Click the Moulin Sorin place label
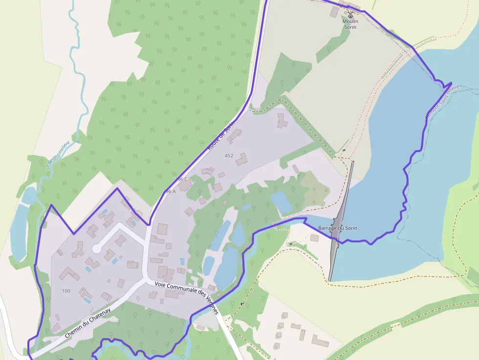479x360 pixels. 350,24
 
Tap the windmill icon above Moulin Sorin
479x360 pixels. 350,15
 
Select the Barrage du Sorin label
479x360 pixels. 338,229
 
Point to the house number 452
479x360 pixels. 229,156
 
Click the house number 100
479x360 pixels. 66,291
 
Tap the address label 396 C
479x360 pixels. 181,179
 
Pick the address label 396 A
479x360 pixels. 169,191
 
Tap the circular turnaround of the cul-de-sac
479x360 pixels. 97,249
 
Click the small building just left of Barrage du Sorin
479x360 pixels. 314,238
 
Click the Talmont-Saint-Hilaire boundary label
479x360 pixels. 442,102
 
